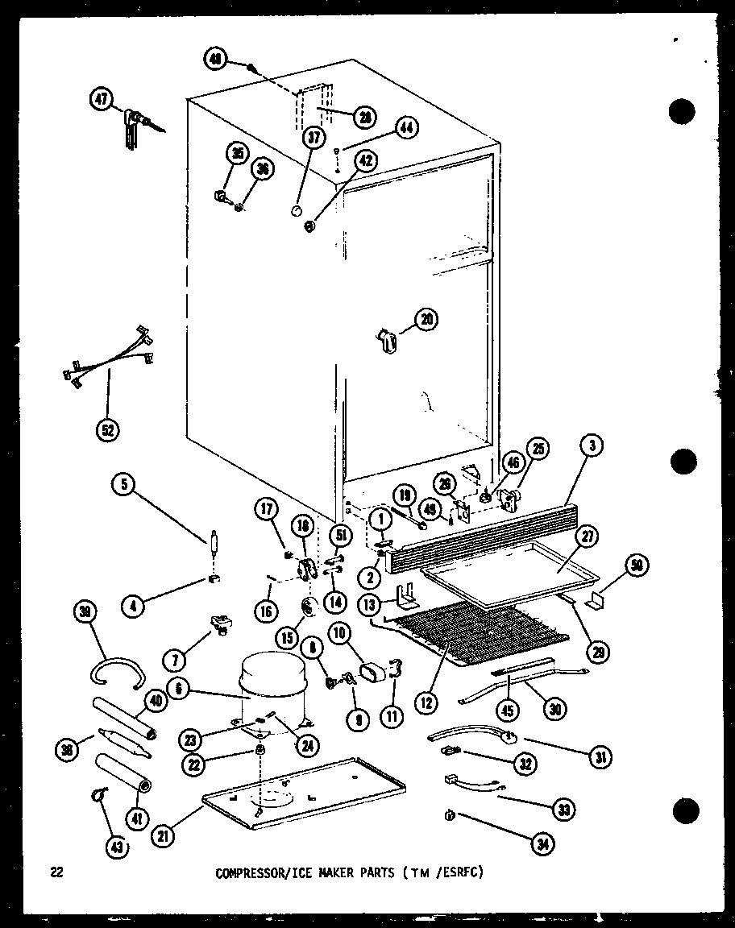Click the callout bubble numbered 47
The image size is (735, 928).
coord(102,101)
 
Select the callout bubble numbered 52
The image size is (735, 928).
coord(106,429)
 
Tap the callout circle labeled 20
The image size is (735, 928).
coord(427,320)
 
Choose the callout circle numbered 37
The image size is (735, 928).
coord(313,139)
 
